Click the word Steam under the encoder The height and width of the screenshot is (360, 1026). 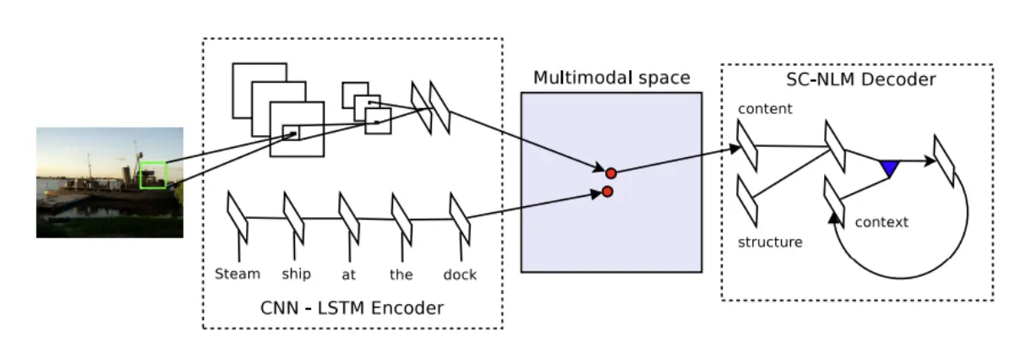(237, 274)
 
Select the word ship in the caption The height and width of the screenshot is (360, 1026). (297, 275)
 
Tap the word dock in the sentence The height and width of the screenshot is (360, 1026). (460, 274)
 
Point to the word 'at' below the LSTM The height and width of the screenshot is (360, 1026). (348, 275)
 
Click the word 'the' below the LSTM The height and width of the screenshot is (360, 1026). (401, 274)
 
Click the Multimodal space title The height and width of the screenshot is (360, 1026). (611, 79)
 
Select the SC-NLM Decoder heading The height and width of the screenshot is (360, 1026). (857, 80)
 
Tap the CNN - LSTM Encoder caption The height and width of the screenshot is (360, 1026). (352, 308)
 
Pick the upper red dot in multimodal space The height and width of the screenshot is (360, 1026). (611, 173)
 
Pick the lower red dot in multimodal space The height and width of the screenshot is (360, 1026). (607, 193)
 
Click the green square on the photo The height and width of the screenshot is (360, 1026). (153, 175)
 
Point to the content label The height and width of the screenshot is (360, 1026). (765, 109)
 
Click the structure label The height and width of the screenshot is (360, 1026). (770, 243)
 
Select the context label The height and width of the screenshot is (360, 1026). (881, 222)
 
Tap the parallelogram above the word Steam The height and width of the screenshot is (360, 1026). (237, 217)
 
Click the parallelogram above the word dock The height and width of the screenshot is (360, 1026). (460, 218)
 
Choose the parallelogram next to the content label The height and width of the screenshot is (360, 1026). (747, 145)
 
